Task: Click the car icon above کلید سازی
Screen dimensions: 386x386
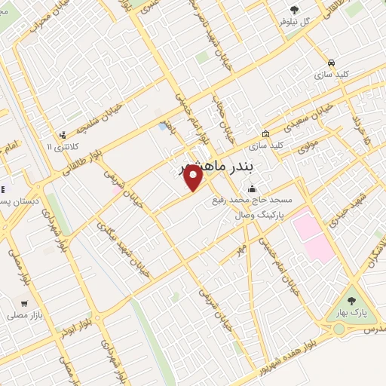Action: click(x=331, y=62)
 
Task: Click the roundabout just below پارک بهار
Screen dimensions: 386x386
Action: click(x=339, y=329)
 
